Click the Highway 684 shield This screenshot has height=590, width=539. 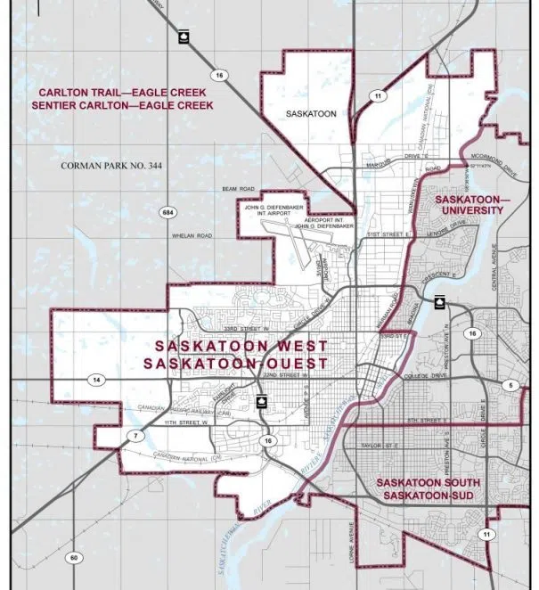(167, 212)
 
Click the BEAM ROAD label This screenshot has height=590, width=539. (238, 189)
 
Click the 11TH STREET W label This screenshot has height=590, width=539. (186, 422)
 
